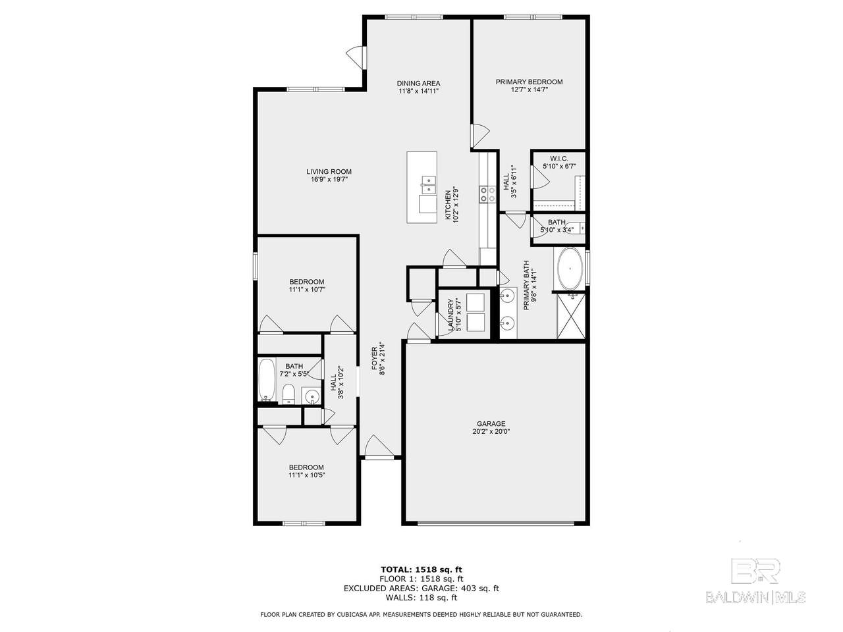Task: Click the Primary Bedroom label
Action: click(528, 82)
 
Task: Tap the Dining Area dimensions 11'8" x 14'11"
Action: click(418, 91)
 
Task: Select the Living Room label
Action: click(329, 172)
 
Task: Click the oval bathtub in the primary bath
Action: click(569, 269)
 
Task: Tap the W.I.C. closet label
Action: click(558, 159)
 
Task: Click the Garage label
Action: click(491, 423)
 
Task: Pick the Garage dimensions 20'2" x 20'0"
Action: click(491, 431)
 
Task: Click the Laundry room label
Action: click(451, 315)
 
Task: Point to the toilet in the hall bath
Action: click(288, 394)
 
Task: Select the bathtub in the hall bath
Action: click(267, 379)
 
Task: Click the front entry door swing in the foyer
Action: click(379, 446)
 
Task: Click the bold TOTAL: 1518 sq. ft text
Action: click(421, 569)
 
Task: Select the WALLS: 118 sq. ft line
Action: click(421, 598)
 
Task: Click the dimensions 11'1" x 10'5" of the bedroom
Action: click(307, 475)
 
